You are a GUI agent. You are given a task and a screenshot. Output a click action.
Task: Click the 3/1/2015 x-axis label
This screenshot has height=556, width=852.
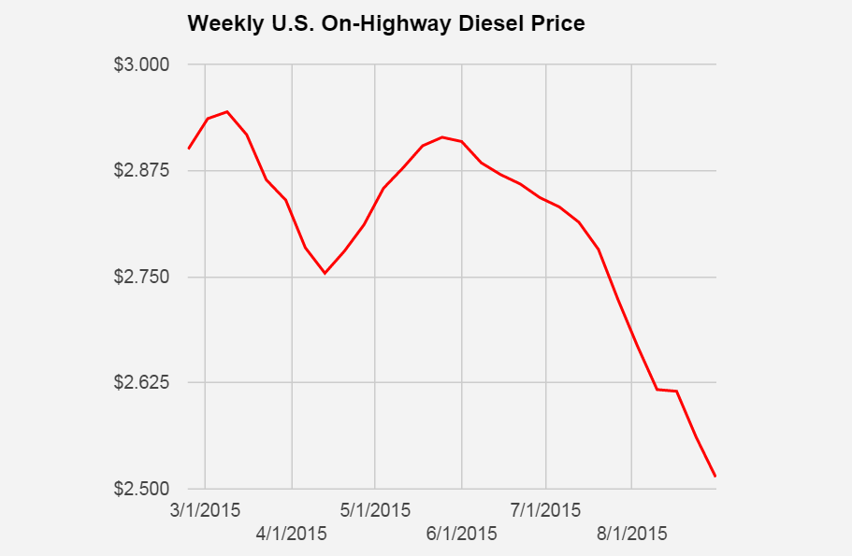tap(205, 511)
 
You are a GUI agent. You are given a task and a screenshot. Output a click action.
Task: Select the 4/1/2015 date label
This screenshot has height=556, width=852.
tap(292, 535)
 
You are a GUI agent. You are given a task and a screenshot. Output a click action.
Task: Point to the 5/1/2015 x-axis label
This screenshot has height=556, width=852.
tap(375, 511)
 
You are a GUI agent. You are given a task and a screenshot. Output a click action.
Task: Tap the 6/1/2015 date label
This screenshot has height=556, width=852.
tap(462, 535)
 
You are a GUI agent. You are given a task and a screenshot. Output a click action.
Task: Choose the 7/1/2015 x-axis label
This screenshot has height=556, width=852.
tap(546, 511)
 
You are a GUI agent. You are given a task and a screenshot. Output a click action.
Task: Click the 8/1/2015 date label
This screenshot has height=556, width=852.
tap(632, 535)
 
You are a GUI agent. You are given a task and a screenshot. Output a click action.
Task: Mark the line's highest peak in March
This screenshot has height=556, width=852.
tap(227, 111)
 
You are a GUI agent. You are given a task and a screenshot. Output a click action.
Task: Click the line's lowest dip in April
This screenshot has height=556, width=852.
tap(325, 273)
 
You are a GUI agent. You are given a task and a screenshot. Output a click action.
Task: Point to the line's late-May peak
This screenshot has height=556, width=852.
tap(442, 137)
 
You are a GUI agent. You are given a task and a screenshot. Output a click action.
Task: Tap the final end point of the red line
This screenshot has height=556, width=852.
tap(715, 477)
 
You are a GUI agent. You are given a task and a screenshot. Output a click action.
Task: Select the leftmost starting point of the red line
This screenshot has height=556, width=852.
tap(189, 149)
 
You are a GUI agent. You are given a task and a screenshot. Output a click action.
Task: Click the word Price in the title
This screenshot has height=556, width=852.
tap(558, 23)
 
